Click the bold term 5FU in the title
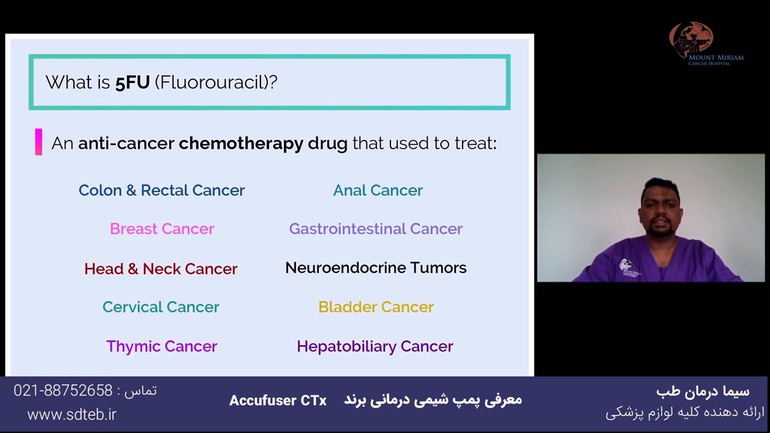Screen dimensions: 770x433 [x=132, y=82]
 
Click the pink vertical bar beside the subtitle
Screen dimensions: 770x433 [x=38, y=142]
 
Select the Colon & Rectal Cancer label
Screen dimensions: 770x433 [x=162, y=190]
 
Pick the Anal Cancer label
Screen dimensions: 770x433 [x=378, y=190]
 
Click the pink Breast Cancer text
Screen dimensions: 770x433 [x=162, y=229]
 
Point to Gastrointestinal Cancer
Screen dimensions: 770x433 [x=376, y=229]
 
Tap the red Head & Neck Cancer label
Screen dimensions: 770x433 [x=161, y=269]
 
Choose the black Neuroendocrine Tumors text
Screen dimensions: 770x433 [x=376, y=268]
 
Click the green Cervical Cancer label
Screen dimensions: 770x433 [x=161, y=307]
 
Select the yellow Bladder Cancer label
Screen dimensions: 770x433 [x=376, y=307]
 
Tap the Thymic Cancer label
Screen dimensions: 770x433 [x=162, y=346]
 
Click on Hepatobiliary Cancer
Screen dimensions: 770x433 [x=375, y=346]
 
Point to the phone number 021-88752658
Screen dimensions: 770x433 [x=63, y=391]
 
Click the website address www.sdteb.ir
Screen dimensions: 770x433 [x=72, y=415]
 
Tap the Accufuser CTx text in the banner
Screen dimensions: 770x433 [x=278, y=401]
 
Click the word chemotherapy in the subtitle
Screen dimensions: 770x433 [x=241, y=144]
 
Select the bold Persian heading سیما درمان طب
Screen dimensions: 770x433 [x=703, y=391]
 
